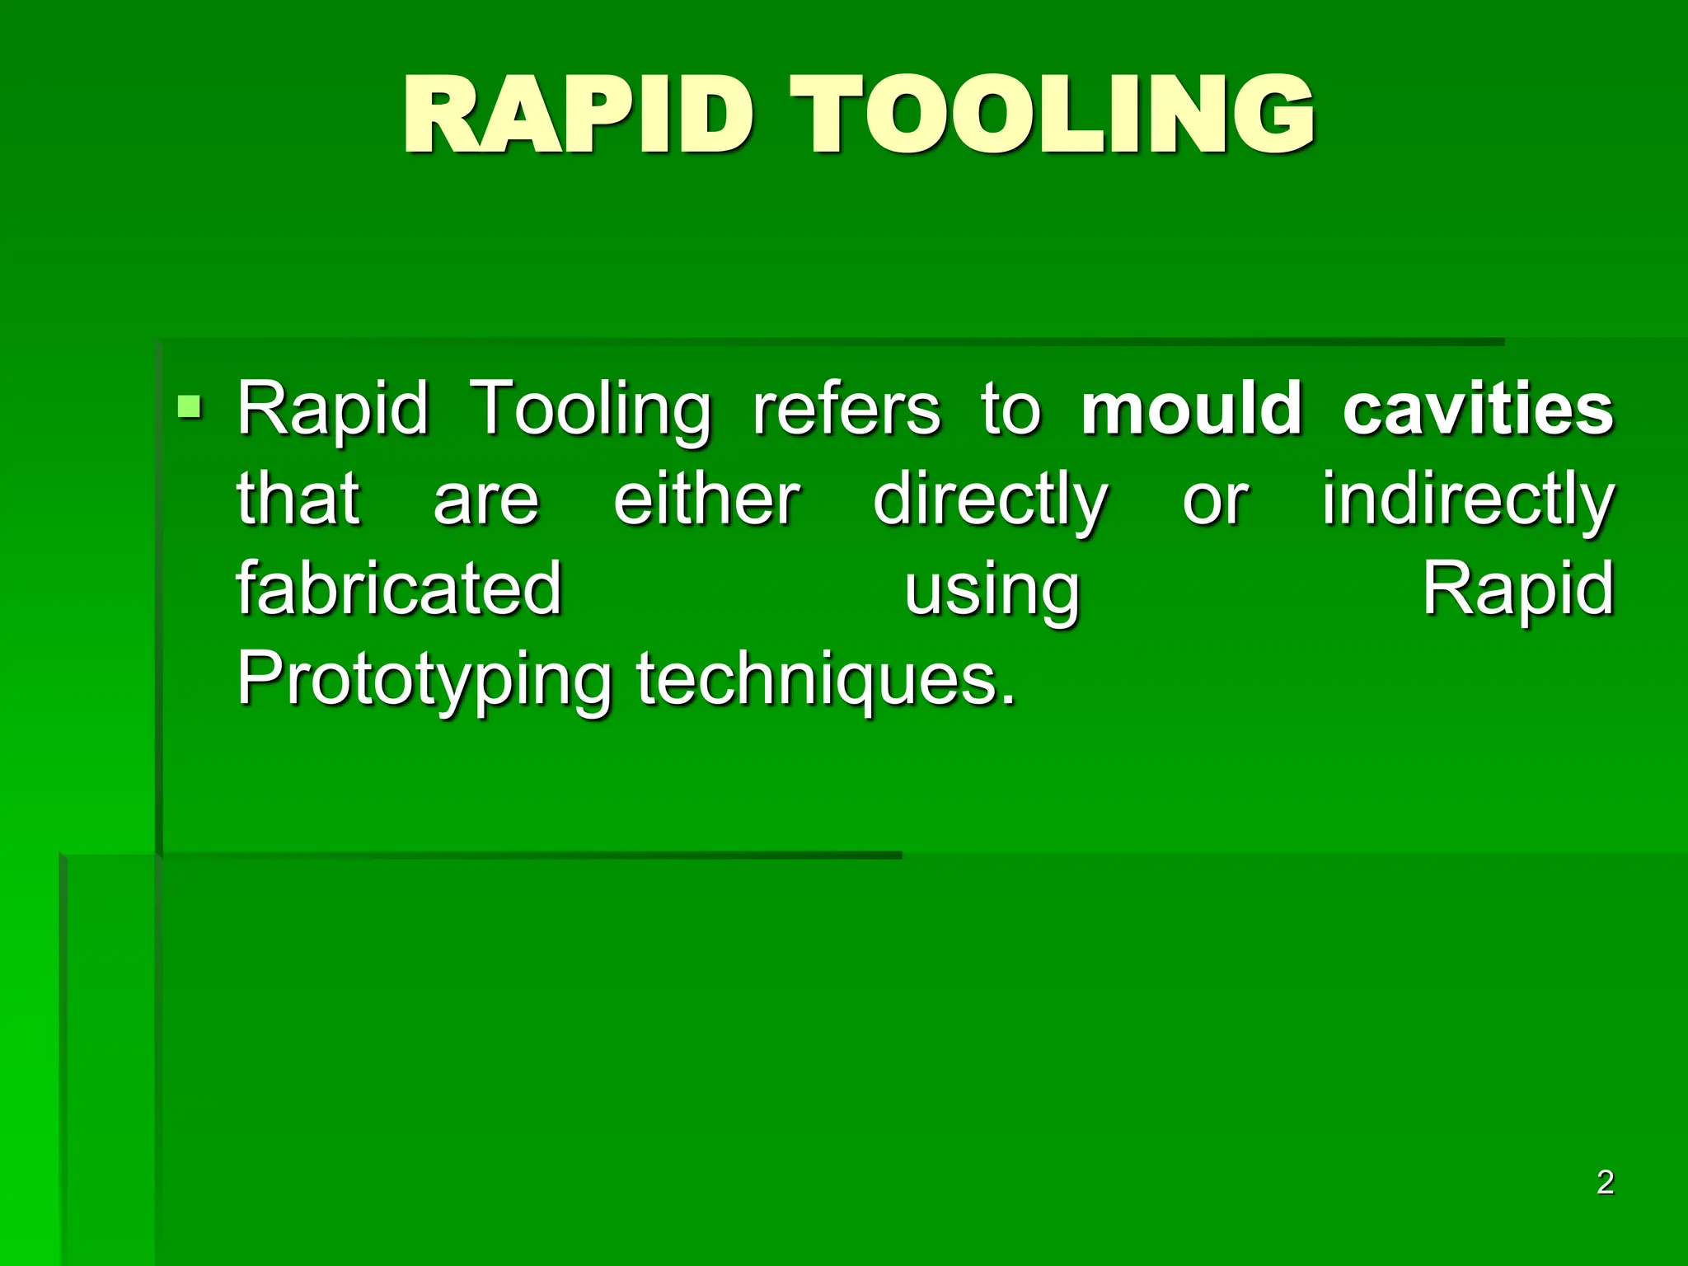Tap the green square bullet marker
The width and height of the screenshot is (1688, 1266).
point(190,406)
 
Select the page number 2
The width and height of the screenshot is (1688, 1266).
point(1605,1182)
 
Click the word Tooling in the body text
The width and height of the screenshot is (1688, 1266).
point(589,410)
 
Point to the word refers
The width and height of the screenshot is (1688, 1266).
point(846,409)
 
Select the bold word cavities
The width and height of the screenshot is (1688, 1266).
point(1478,409)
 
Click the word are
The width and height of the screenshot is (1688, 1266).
point(486,501)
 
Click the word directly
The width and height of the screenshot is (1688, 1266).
point(991,501)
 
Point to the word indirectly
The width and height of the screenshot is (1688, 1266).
point(1468,499)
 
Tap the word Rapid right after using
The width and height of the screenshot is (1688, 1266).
point(1518,590)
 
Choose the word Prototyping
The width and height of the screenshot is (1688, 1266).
point(424,681)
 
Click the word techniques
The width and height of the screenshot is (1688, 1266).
point(827,681)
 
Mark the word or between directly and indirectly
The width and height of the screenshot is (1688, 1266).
point(1216,501)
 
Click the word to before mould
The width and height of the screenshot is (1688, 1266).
point(1010,409)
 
